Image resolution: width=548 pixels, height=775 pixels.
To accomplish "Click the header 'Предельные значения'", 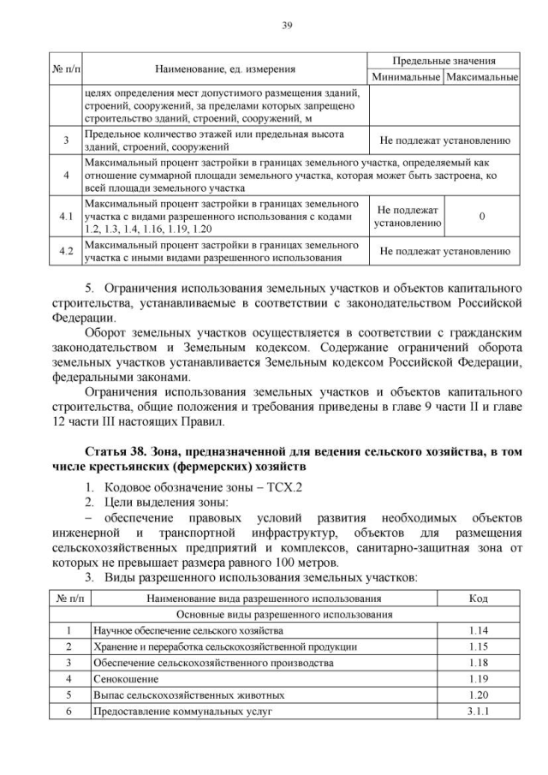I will click(444, 62).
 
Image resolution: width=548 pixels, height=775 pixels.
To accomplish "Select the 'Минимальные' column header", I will click(405, 77).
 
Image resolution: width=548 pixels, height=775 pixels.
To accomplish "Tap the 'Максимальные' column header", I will click(482, 77).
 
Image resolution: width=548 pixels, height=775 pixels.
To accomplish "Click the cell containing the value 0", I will click(481, 217).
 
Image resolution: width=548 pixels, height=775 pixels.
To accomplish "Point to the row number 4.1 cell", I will click(66, 217).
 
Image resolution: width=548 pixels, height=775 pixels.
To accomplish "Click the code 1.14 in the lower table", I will click(479, 629).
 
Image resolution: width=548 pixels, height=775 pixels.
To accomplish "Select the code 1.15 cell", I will click(479, 646).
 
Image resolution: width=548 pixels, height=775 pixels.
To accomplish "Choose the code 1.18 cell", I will click(479, 663).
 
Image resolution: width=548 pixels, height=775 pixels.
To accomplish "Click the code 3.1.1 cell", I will click(479, 712).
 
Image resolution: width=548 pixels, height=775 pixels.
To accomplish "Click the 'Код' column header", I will click(479, 599).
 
